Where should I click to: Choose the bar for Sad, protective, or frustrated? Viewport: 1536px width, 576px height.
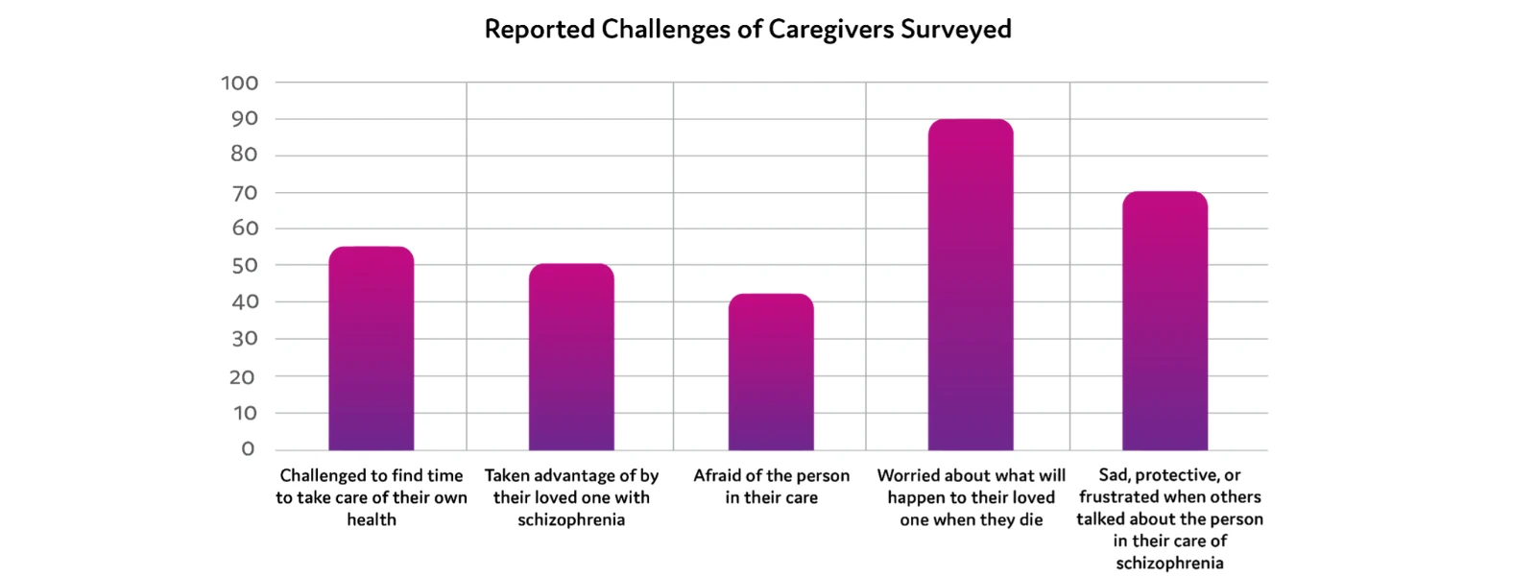click(x=1164, y=322)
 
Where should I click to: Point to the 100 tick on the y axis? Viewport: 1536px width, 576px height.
click(x=240, y=84)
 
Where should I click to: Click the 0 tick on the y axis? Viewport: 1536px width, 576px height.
click(x=248, y=449)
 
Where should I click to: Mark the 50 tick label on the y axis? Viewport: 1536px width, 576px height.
click(x=244, y=266)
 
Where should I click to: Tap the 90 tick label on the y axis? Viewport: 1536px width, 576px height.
click(x=244, y=119)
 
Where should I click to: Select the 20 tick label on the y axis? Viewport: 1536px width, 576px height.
click(x=242, y=377)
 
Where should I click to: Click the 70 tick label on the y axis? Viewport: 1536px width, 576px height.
click(x=244, y=193)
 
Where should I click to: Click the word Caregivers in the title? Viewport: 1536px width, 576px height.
click(x=830, y=30)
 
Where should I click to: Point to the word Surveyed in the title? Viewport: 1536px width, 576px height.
click(x=955, y=30)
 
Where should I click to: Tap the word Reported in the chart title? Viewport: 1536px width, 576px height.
click(x=540, y=30)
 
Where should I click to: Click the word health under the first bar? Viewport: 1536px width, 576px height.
click(x=372, y=519)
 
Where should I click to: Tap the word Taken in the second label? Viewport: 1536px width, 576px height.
click(x=509, y=475)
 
